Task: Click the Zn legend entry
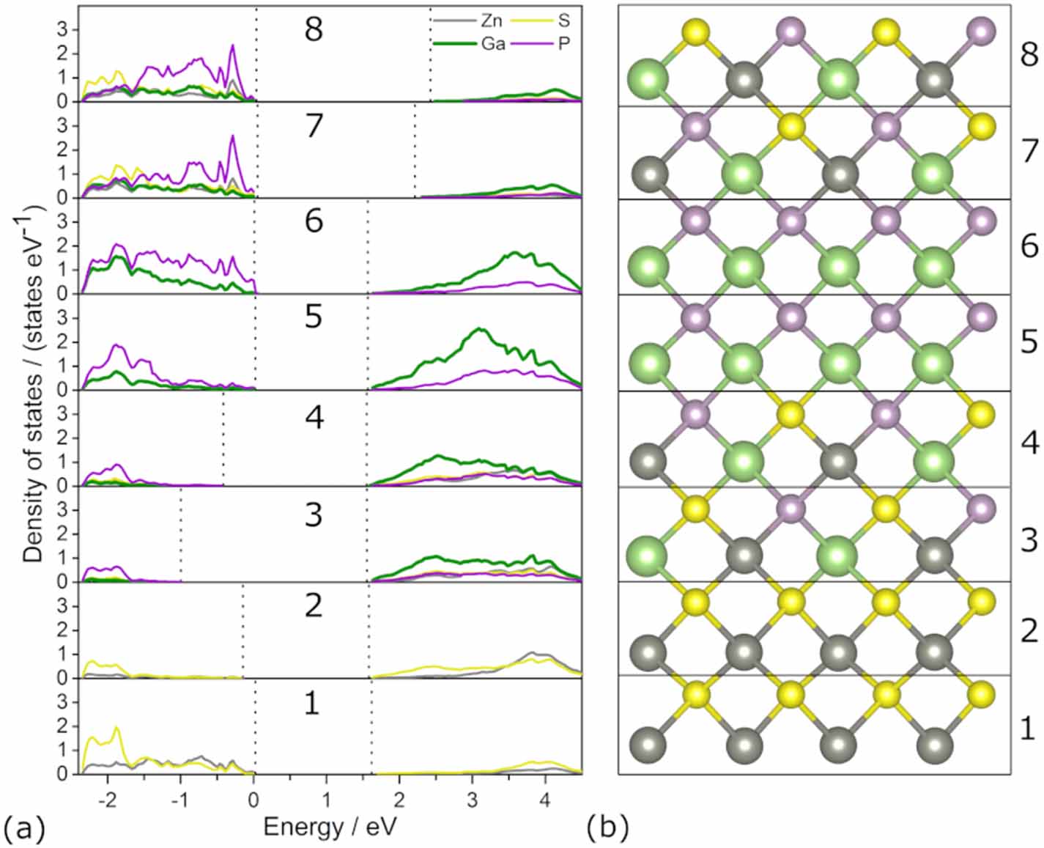[x=492, y=21]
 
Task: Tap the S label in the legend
[x=564, y=21]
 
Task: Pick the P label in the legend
[x=564, y=44]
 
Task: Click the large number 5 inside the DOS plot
[x=314, y=317]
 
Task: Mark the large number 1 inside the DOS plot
[x=312, y=702]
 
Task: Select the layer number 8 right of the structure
[x=1029, y=55]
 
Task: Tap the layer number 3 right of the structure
[x=1029, y=540]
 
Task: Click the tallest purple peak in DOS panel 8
[x=233, y=45]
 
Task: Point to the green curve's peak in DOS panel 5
[x=480, y=329]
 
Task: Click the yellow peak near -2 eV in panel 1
[x=116, y=728]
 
